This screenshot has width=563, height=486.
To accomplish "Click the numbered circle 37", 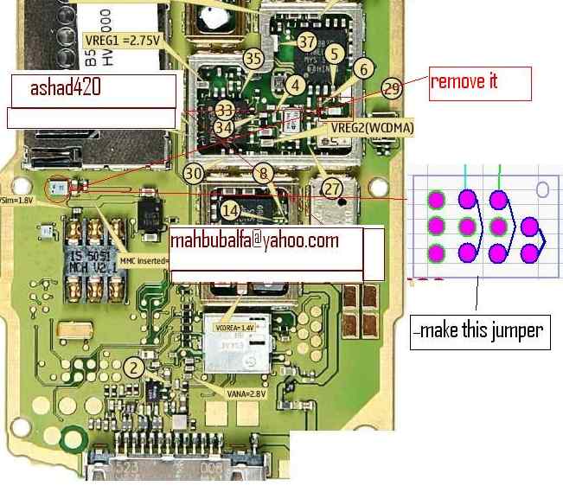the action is [307, 42].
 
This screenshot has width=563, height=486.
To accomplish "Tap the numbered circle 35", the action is [253, 59].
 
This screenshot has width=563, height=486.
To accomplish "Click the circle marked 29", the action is [393, 88].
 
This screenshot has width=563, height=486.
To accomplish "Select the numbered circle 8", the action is [262, 173].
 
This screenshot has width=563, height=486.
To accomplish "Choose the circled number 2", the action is [133, 367].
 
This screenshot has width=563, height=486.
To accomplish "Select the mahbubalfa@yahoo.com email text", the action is [253, 240].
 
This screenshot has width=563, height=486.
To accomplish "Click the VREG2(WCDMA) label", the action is [372, 128].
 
